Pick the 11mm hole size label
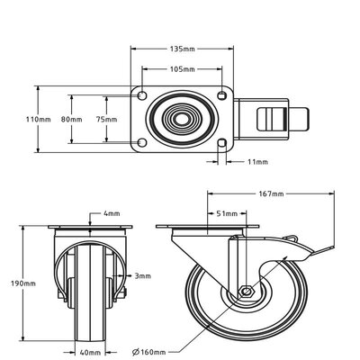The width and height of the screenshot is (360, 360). [x=256, y=162]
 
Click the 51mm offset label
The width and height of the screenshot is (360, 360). [x=227, y=213]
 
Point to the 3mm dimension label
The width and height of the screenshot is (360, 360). [x=141, y=275]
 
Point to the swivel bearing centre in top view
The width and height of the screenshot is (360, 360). [x=182, y=119]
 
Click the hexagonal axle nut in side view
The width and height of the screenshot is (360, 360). [x=243, y=291]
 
